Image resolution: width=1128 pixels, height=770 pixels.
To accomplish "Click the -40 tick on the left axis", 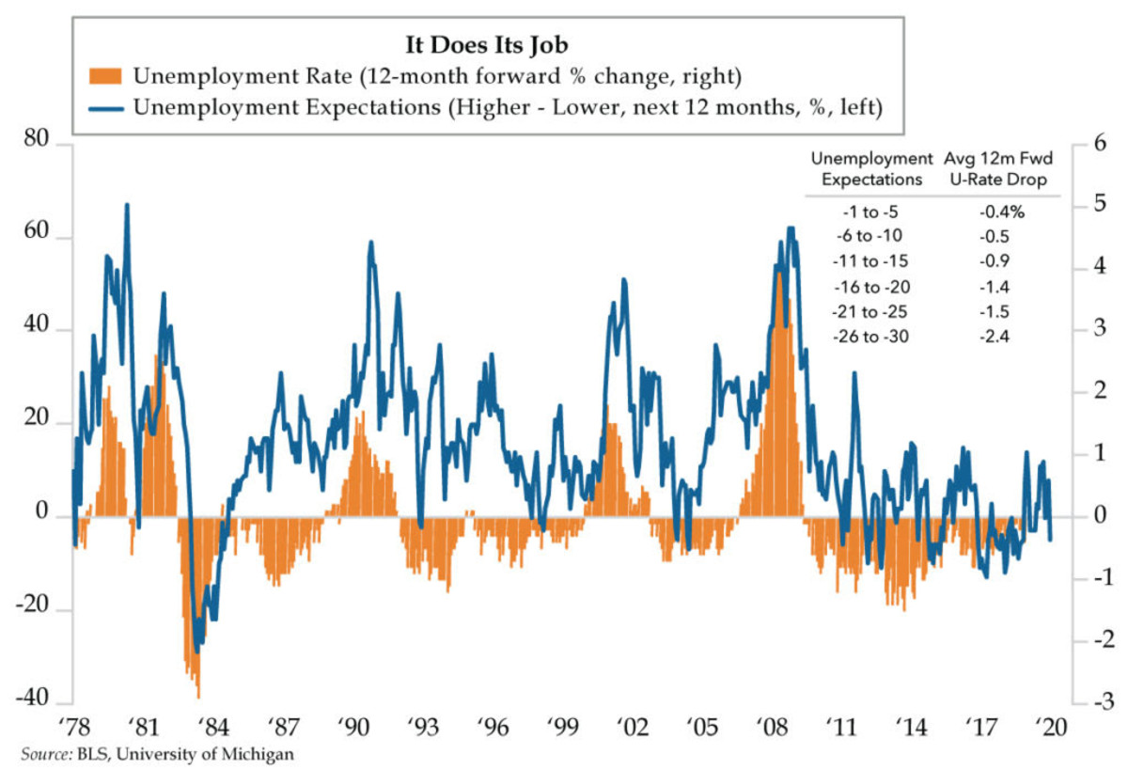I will pos(33,701).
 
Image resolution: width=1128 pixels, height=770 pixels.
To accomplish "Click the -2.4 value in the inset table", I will pos(993,337).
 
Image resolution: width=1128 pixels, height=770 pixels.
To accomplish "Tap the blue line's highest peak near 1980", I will pos(127,204).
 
